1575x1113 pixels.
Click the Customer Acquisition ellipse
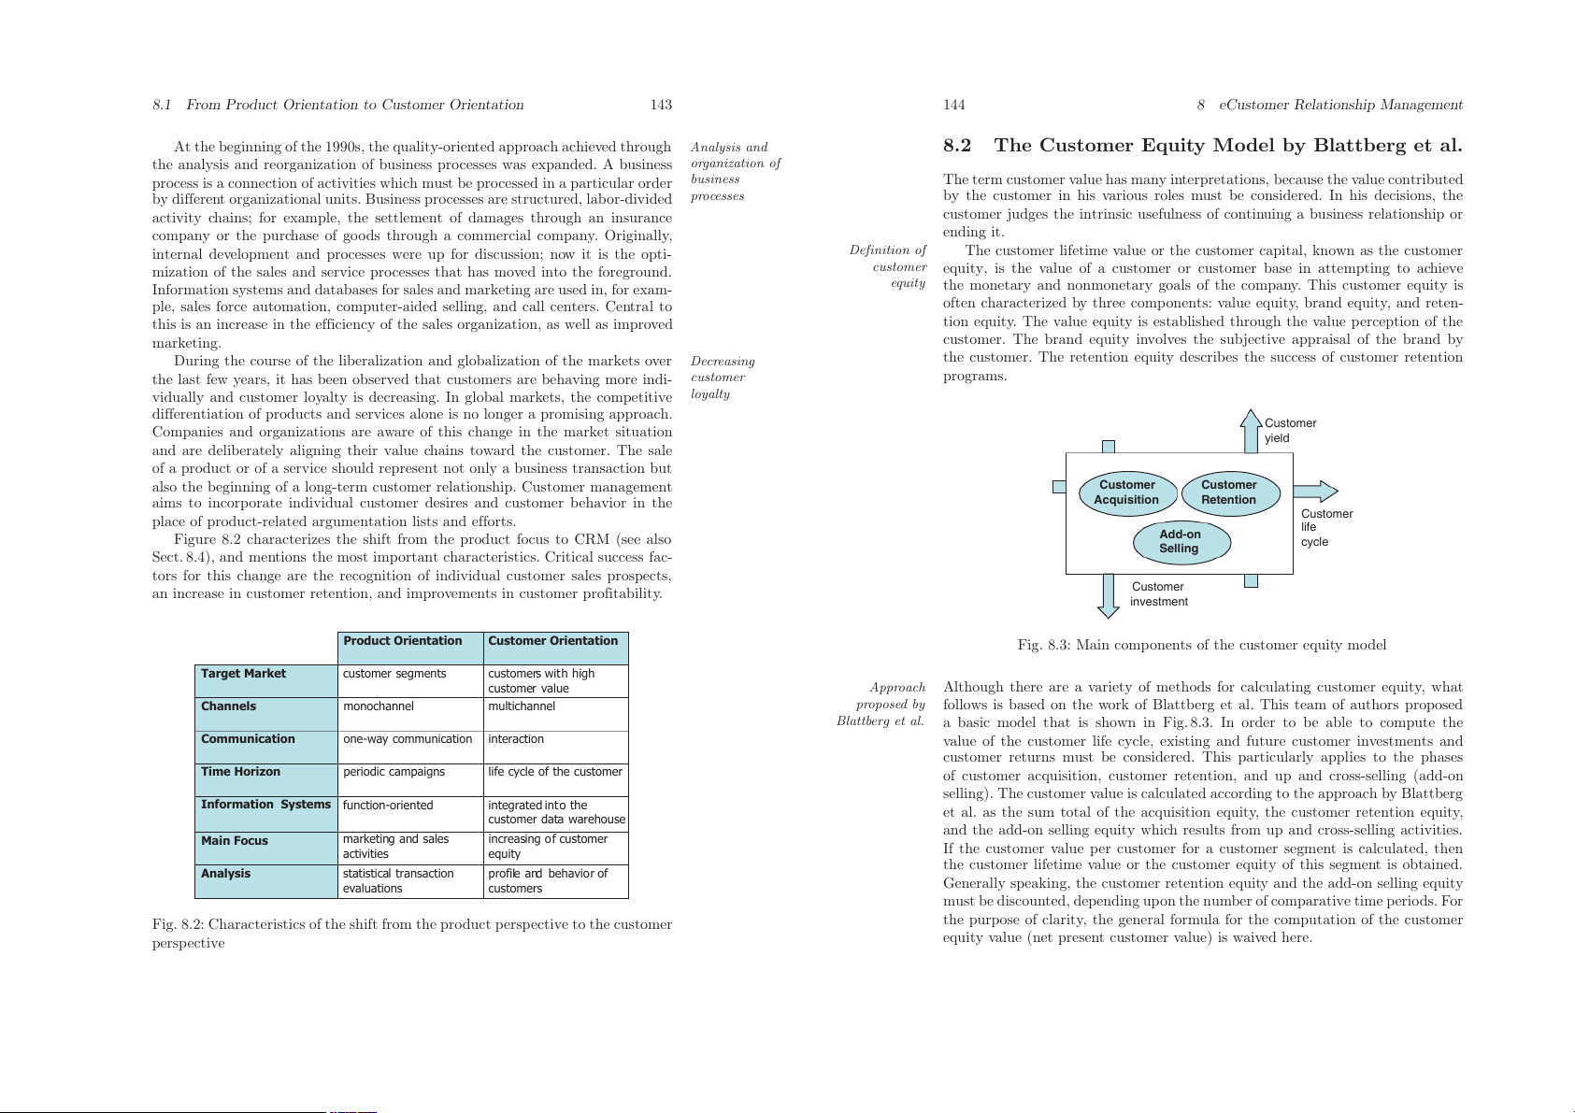1126,492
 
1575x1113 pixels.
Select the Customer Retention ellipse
1229,492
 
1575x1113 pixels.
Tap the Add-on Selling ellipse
1181,542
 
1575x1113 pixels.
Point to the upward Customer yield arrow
1251,431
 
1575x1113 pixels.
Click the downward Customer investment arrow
1109,596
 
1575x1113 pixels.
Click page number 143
661,105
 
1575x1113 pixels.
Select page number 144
953,105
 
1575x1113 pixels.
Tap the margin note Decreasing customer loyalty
722,378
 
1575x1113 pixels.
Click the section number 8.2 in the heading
957,146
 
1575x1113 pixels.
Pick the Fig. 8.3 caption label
1042,645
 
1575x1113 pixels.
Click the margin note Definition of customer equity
888,266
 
